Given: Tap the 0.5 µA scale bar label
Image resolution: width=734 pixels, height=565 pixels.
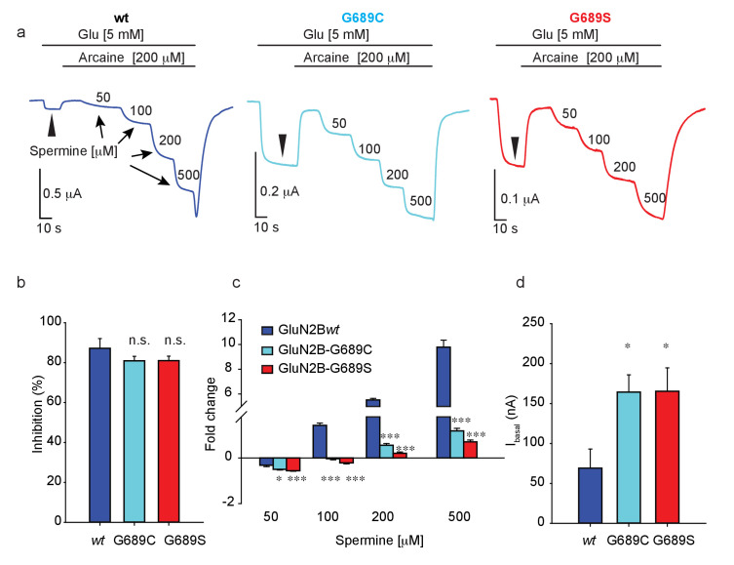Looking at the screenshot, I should (62, 193).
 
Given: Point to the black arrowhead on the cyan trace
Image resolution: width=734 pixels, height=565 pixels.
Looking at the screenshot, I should (283, 143).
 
